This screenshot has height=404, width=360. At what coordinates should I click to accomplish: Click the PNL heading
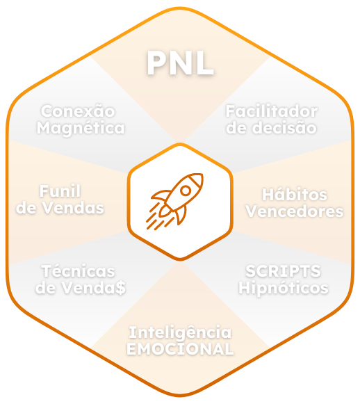click(180, 63)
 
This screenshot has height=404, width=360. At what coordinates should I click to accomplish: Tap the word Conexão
click(78, 111)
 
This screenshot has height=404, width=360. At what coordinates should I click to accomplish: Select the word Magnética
click(81, 129)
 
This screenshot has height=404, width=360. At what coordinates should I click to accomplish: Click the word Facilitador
click(272, 111)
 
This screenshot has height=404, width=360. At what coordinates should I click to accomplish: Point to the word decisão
click(284, 128)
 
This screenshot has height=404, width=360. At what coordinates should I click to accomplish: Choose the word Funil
click(60, 191)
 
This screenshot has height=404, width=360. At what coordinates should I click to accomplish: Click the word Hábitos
click(295, 194)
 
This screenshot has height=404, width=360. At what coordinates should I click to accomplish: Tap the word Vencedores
click(295, 211)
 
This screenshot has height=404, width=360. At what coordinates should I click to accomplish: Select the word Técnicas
click(79, 271)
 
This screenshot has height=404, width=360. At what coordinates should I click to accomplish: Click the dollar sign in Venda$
click(121, 288)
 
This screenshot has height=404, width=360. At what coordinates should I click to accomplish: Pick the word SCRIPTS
click(284, 271)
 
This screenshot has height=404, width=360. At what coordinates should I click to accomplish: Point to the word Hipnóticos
click(284, 288)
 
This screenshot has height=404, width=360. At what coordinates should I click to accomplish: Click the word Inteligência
click(180, 332)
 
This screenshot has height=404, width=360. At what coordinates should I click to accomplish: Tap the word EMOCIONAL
click(180, 349)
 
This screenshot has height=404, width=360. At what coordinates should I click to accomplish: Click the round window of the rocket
click(186, 191)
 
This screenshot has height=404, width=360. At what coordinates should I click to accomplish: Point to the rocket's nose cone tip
click(202, 175)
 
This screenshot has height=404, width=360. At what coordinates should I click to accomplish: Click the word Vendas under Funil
click(73, 208)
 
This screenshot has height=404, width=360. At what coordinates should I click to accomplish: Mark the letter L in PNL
click(204, 63)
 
